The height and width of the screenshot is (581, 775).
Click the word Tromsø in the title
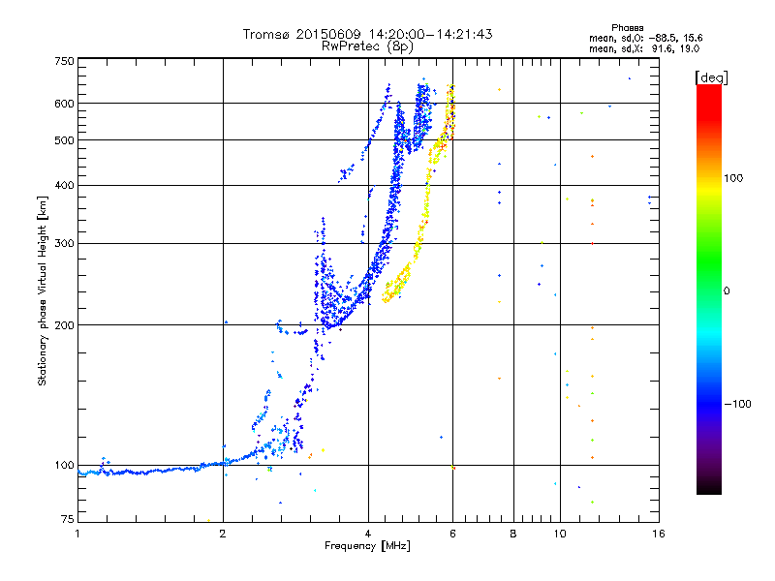tap(267, 34)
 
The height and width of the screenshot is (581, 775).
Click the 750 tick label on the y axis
tap(65, 61)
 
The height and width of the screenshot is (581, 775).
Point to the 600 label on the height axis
tap(65, 104)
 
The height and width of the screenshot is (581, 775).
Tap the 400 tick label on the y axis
tap(65, 186)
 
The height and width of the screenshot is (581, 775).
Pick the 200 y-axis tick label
tap(65, 325)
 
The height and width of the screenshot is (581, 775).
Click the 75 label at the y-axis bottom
tap(68, 519)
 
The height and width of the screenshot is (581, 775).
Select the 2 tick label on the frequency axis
tap(223, 534)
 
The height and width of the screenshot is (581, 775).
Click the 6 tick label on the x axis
tap(452, 534)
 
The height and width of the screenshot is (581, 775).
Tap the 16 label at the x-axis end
tap(659, 534)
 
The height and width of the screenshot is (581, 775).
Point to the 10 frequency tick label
tap(560, 534)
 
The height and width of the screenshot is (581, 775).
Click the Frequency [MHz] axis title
tap(367, 546)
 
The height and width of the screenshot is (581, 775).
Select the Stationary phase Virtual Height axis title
tap(43, 290)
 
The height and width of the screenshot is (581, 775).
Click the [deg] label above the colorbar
tap(711, 78)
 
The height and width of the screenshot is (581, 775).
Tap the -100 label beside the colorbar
tap(737, 404)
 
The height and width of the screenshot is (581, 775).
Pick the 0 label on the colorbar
tap(727, 291)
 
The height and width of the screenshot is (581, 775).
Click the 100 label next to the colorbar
tap(733, 178)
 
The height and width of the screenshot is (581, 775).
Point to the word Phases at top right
tap(627, 28)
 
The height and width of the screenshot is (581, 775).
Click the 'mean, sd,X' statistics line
tap(644, 49)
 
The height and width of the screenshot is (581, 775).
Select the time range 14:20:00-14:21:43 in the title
tap(430, 34)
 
